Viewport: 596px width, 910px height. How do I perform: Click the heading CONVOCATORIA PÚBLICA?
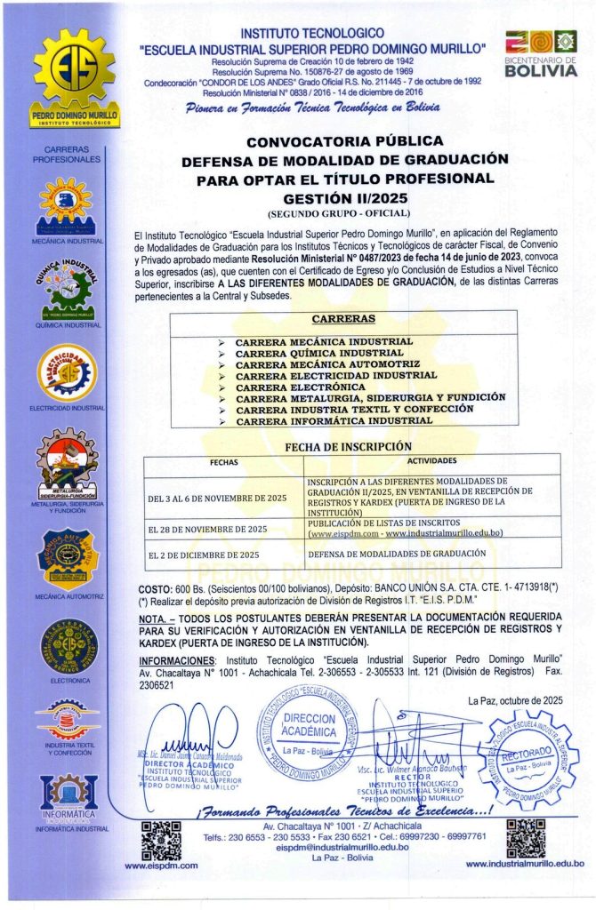[x=343, y=141]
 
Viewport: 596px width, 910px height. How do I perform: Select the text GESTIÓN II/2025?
[x=343, y=199]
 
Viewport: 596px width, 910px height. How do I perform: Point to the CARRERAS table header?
[x=343, y=319]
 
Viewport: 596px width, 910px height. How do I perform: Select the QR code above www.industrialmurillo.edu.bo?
[x=524, y=837]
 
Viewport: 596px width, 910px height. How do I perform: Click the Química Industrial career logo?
[x=67, y=285]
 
